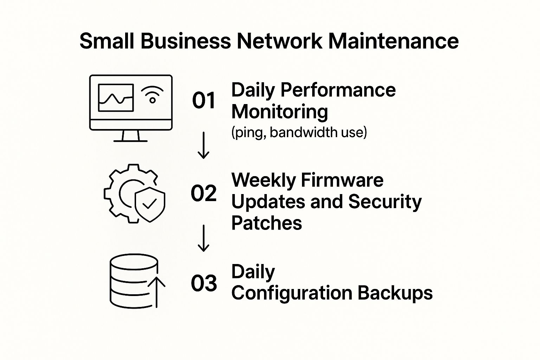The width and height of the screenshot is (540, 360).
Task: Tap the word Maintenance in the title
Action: pos(393,41)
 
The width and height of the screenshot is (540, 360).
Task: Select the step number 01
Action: pos(204,100)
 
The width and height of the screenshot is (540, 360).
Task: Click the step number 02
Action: pos(204,193)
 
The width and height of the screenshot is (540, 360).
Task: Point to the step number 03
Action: pos(204,283)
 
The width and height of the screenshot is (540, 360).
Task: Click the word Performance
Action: pos(338,90)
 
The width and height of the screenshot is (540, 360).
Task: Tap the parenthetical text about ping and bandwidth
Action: pos(299,133)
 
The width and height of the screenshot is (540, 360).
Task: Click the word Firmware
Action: pos(342,180)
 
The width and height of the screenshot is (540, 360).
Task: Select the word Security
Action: pos(385,202)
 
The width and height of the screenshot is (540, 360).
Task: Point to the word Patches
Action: pos(266,223)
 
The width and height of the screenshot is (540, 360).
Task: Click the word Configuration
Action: pos(292,294)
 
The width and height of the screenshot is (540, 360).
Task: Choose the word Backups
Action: pos(395,294)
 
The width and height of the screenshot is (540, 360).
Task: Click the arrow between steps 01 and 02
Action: pos(204,145)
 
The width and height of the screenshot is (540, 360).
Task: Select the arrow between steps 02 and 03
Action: pos(204,238)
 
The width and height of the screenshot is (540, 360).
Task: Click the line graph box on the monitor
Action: pos(116,98)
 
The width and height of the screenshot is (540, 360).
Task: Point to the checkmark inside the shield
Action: pos(149,204)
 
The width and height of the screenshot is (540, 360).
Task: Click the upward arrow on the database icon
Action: pos(156,292)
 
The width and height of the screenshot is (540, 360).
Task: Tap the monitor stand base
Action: pos(130,141)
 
